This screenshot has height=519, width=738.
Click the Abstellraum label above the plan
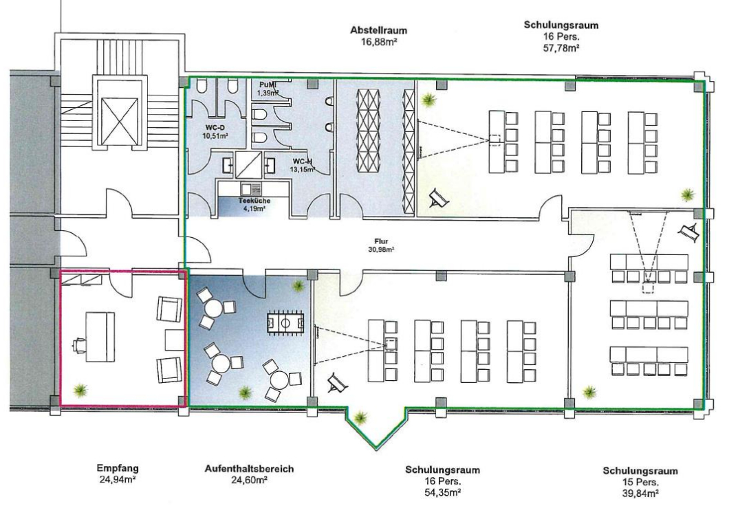[x=378, y=30]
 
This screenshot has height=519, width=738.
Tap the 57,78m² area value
[x=561, y=48]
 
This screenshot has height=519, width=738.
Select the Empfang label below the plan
[x=118, y=468]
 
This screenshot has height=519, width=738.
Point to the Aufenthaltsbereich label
[x=249, y=469]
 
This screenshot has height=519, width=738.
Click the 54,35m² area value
[x=442, y=492]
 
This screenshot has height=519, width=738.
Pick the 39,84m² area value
[x=640, y=493]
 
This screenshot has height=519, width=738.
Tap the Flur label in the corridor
[x=381, y=241]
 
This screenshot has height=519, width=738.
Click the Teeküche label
[x=254, y=201]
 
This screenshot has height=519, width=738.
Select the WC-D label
[x=213, y=127]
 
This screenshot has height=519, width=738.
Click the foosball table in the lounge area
[x=285, y=323]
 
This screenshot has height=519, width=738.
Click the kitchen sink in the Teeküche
[x=250, y=188]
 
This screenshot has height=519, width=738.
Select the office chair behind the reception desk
[x=78, y=344]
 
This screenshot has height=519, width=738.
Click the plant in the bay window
[x=360, y=417]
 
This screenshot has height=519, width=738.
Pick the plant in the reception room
[x=80, y=390]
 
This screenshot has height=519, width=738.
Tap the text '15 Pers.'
[x=640, y=483]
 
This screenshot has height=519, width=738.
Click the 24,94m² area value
[x=118, y=480]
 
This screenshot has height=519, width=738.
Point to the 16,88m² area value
[x=378, y=42]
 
